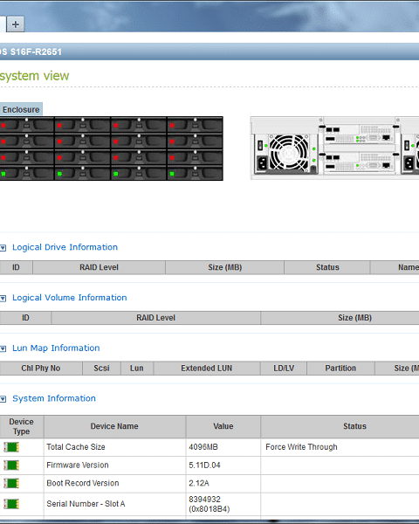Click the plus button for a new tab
(x=16, y=24)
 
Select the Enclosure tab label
(x=21, y=110)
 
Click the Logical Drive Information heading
(x=65, y=247)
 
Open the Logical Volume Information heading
(x=70, y=298)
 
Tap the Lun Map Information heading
(x=56, y=348)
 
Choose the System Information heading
(x=54, y=398)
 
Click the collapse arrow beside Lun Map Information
(x=3, y=348)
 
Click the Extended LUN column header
(x=207, y=369)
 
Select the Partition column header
(x=340, y=369)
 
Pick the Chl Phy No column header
(x=41, y=369)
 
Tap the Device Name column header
(x=114, y=426)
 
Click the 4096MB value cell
(x=203, y=447)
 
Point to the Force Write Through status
(x=301, y=447)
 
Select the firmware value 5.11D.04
(x=204, y=465)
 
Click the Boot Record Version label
(x=83, y=483)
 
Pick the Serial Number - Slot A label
(x=86, y=504)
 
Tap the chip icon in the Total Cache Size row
(x=11, y=447)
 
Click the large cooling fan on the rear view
(x=289, y=153)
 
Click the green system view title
(x=34, y=76)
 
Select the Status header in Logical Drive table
(x=327, y=267)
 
